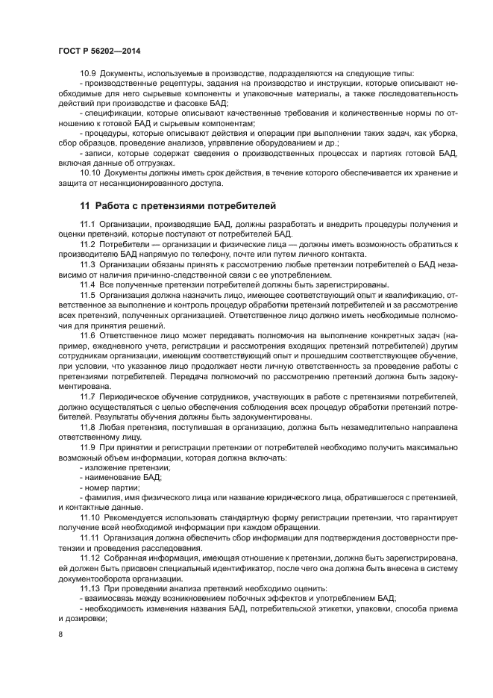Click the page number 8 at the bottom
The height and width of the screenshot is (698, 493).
pos(60,633)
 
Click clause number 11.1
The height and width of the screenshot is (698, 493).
pos(87,225)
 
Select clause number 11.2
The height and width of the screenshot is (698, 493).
pos(87,244)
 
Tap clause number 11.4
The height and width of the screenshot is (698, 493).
pos(87,284)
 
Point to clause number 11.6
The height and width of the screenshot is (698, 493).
pos(87,337)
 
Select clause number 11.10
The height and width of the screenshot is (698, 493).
pos(90,517)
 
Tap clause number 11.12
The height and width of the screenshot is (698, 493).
pos(90,557)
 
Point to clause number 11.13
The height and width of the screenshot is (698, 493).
pos(90,588)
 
